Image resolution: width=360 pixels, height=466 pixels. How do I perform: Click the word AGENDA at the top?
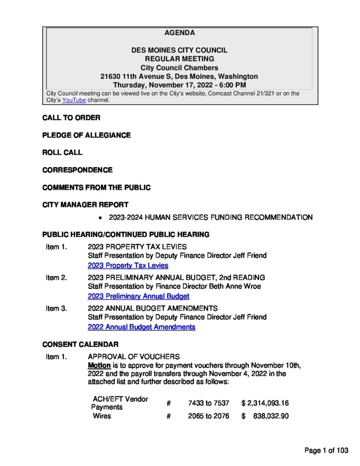tap(179, 33)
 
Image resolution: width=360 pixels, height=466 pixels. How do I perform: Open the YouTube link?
tap(74, 100)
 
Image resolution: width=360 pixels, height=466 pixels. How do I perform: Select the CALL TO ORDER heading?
tap(71, 118)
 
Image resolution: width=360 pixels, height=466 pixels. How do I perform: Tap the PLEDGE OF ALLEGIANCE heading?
tap(86, 135)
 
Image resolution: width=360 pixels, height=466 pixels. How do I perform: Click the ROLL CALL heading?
tap(62, 152)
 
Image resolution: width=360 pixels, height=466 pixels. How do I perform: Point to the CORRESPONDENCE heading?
tap(77, 170)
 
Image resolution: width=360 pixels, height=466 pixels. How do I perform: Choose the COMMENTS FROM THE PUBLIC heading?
tap(96, 187)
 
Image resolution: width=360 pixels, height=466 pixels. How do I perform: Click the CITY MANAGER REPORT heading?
tap(85, 205)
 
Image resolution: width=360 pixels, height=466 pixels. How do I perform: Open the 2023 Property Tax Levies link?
tap(128, 265)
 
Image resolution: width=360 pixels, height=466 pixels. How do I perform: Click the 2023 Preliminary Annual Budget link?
tap(138, 296)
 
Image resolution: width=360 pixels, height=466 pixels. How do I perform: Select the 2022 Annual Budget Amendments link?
tap(142, 327)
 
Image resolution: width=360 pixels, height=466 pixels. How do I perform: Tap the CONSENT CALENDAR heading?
tap(80, 344)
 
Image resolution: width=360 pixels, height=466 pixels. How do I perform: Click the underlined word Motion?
tap(99, 365)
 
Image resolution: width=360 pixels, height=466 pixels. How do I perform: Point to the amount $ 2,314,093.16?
tap(265, 403)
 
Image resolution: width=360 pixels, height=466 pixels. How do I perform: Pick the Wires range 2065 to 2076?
tap(208, 416)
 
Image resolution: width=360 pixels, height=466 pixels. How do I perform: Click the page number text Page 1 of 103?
tap(326, 451)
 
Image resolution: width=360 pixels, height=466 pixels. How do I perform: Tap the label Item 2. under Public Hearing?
tap(56, 277)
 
